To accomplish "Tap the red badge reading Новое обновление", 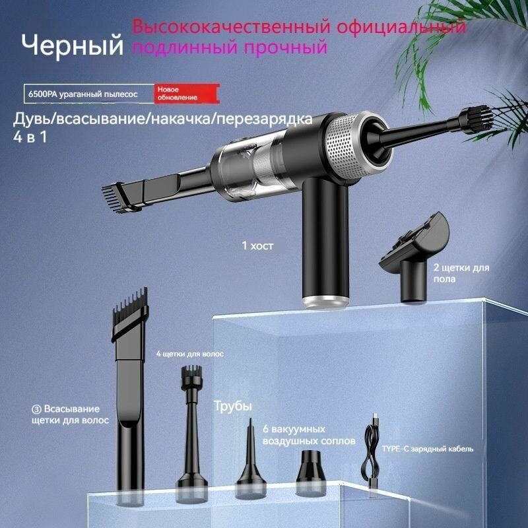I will pos(178,93).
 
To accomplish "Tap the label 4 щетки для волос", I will pos(190,354).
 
